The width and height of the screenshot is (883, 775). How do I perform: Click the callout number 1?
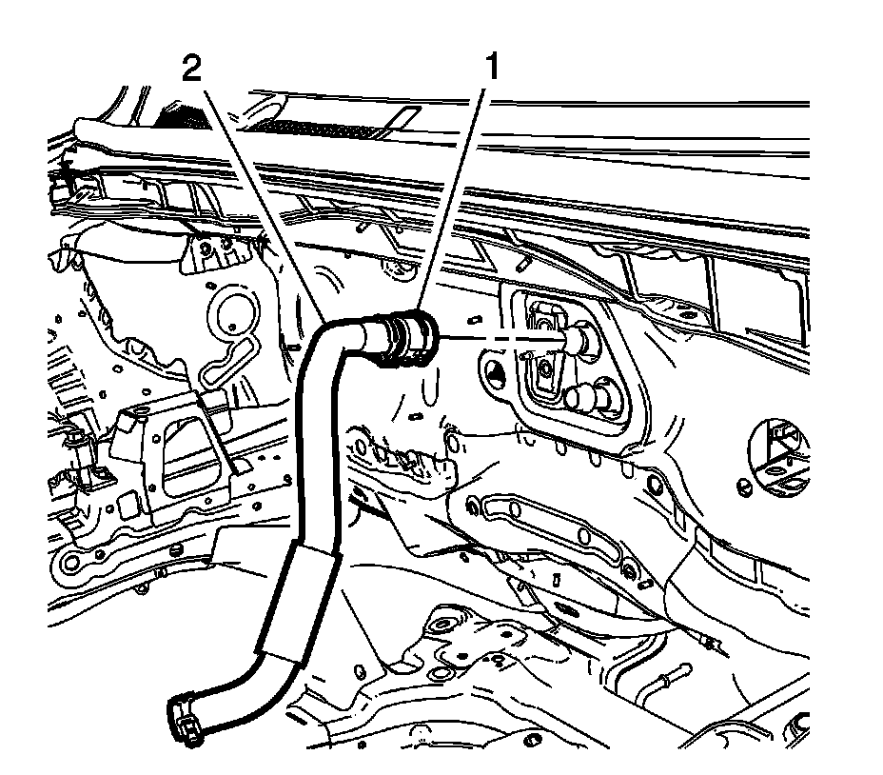click(492, 69)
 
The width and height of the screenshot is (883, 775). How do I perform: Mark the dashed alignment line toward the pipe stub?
click(495, 336)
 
